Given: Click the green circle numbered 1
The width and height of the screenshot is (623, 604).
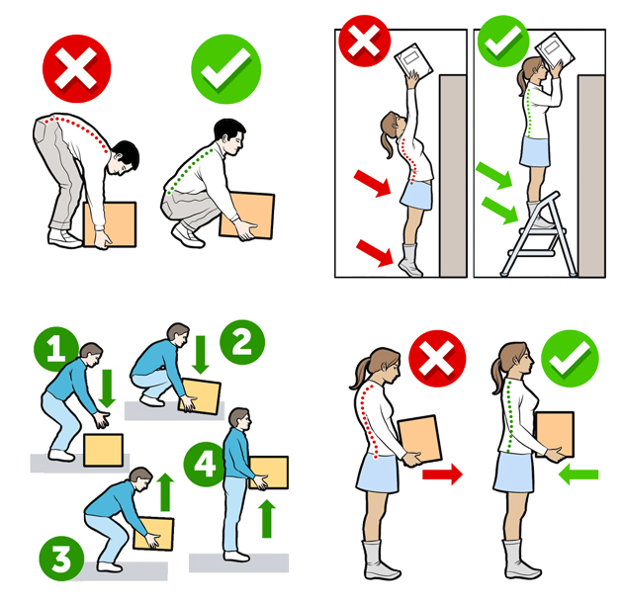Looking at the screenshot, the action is tap(55, 349).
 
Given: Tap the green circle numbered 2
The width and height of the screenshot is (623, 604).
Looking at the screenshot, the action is tap(242, 342).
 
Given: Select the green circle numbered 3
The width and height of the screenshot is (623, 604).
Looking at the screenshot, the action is tap(61, 559).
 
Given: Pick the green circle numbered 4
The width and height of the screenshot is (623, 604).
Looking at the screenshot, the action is tap(205, 465).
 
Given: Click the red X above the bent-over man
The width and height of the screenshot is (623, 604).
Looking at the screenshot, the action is tap(77, 68).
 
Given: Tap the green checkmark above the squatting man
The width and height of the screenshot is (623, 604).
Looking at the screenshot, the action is tap(226, 69).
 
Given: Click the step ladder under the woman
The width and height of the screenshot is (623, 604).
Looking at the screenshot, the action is tap(539, 234).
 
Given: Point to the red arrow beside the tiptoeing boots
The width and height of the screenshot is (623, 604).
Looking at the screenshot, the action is tap(374, 252).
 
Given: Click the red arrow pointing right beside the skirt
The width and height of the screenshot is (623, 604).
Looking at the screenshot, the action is tap(442, 475).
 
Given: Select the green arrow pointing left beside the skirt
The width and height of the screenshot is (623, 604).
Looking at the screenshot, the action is tap(578, 475).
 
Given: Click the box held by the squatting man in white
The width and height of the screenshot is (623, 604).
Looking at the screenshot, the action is tap(247, 216).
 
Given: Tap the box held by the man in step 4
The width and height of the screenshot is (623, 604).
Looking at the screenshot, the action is tap(269, 473).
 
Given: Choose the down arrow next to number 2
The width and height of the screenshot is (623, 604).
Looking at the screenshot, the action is tap(201, 355).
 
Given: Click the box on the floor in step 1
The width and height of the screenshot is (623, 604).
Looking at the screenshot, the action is tap(103, 450).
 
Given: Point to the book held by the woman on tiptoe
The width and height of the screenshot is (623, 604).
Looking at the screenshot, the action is tap(413, 61).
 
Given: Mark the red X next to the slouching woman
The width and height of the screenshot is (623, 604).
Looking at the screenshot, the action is tap(437, 358).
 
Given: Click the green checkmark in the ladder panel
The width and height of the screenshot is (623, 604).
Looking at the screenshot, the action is tap(503, 41).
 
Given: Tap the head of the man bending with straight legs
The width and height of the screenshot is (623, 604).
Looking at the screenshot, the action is tap(124, 157).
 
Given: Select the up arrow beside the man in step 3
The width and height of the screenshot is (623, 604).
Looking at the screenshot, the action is tap(166, 492).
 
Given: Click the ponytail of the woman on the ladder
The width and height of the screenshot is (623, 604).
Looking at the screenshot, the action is tap(522, 83).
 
